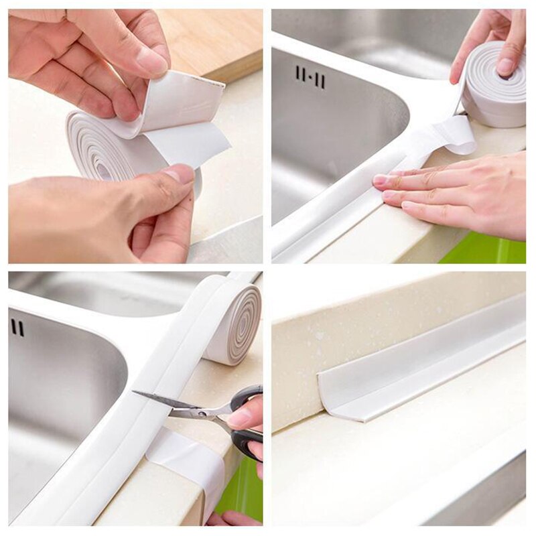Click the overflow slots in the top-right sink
tap(310, 76)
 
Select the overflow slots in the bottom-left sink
tap(17, 328)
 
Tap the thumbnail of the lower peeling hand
tap(180, 175)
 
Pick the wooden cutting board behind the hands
tap(214, 40)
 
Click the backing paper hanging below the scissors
tap(188, 462)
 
